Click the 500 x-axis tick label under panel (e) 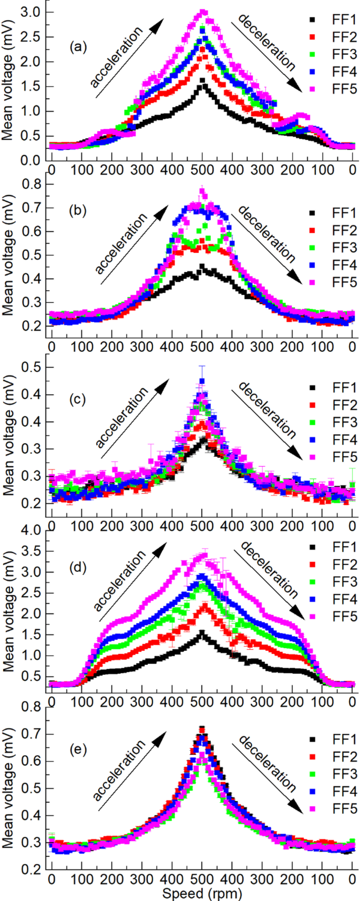(x=202, y=880)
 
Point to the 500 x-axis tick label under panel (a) (x=202, y=169)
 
